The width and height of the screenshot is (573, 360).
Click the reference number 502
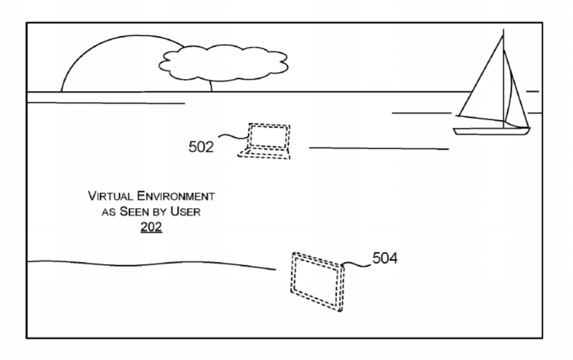[x=201, y=147]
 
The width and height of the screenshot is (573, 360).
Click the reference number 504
[x=385, y=258]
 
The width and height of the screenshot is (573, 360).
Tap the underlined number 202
[x=151, y=227]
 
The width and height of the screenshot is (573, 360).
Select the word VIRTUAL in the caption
[x=110, y=196]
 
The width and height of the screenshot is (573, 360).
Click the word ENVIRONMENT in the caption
[x=176, y=196]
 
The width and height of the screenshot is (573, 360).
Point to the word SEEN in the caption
[x=133, y=211]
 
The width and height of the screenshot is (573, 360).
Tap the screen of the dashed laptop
[x=269, y=136]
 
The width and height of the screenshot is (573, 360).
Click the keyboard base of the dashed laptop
[x=264, y=153]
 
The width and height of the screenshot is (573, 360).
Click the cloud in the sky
[x=223, y=63]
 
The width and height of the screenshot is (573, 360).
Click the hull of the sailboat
[x=491, y=131]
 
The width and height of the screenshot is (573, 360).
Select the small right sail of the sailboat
[x=515, y=91]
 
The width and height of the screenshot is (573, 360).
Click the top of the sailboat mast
[x=504, y=29]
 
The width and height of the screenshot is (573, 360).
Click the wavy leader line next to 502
[x=234, y=137]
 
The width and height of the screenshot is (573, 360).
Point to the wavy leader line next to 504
[x=356, y=264]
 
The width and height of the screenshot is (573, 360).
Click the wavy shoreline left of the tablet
[x=152, y=263]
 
